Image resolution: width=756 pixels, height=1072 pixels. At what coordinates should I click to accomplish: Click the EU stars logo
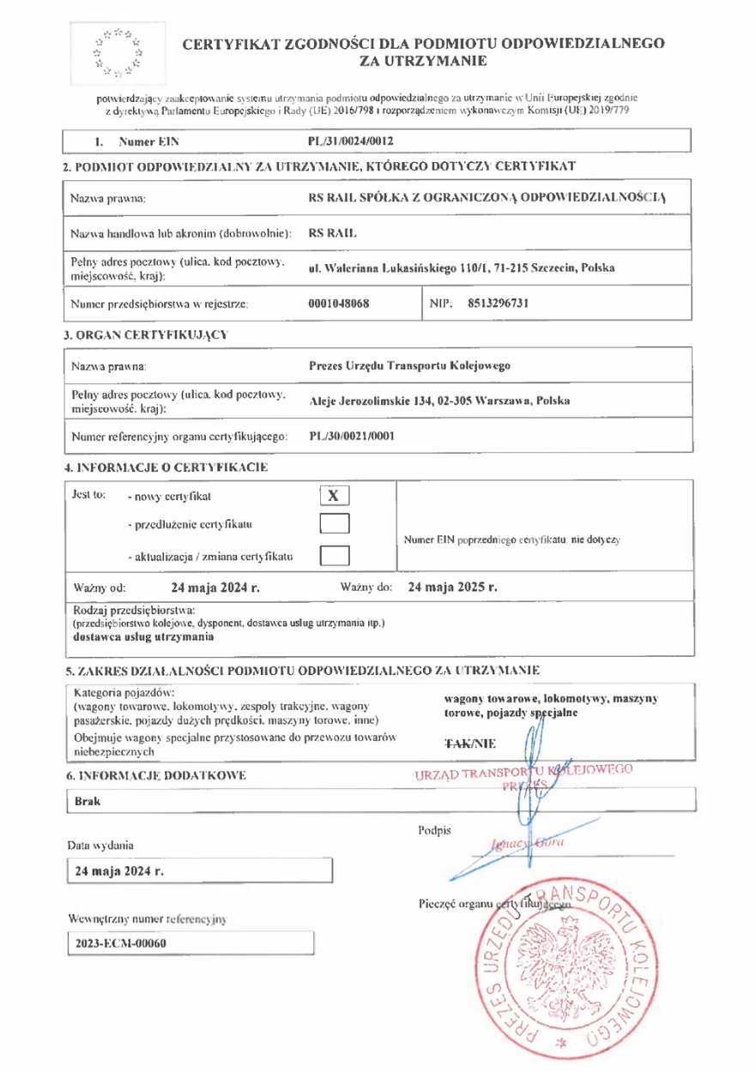click(118, 50)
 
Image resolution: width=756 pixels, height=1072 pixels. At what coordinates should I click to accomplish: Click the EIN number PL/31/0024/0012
click(351, 140)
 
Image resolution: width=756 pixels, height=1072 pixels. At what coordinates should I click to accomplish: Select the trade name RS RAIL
click(329, 232)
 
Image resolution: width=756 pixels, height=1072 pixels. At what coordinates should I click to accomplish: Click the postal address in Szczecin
click(461, 268)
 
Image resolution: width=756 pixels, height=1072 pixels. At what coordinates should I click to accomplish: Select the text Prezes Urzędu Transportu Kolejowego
click(409, 367)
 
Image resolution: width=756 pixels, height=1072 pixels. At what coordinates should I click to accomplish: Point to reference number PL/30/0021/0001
click(352, 436)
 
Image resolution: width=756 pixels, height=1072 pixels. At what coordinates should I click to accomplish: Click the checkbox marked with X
click(336, 496)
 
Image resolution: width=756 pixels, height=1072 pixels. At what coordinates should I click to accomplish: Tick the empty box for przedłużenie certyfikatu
click(336, 524)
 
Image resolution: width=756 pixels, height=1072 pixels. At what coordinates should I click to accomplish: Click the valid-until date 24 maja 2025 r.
click(453, 588)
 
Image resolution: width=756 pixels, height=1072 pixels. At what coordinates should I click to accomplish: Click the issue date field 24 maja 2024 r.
click(120, 871)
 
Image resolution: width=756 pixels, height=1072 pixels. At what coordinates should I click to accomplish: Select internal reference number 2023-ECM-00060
click(120, 943)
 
